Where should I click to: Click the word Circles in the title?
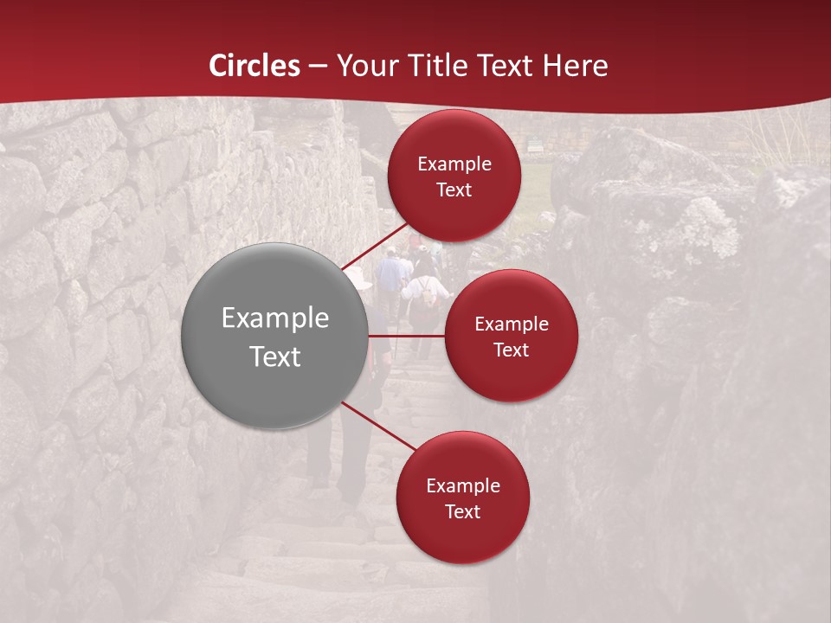click(x=254, y=66)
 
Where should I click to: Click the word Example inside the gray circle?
click(x=275, y=318)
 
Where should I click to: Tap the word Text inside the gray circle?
click(x=275, y=356)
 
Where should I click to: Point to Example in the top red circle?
click(x=454, y=164)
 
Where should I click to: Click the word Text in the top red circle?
click(x=454, y=189)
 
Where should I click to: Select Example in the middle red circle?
click(x=512, y=324)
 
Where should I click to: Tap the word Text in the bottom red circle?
click(x=462, y=511)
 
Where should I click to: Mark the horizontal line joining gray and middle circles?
click(x=407, y=336)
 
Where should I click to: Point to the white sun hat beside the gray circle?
click(x=358, y=279)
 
